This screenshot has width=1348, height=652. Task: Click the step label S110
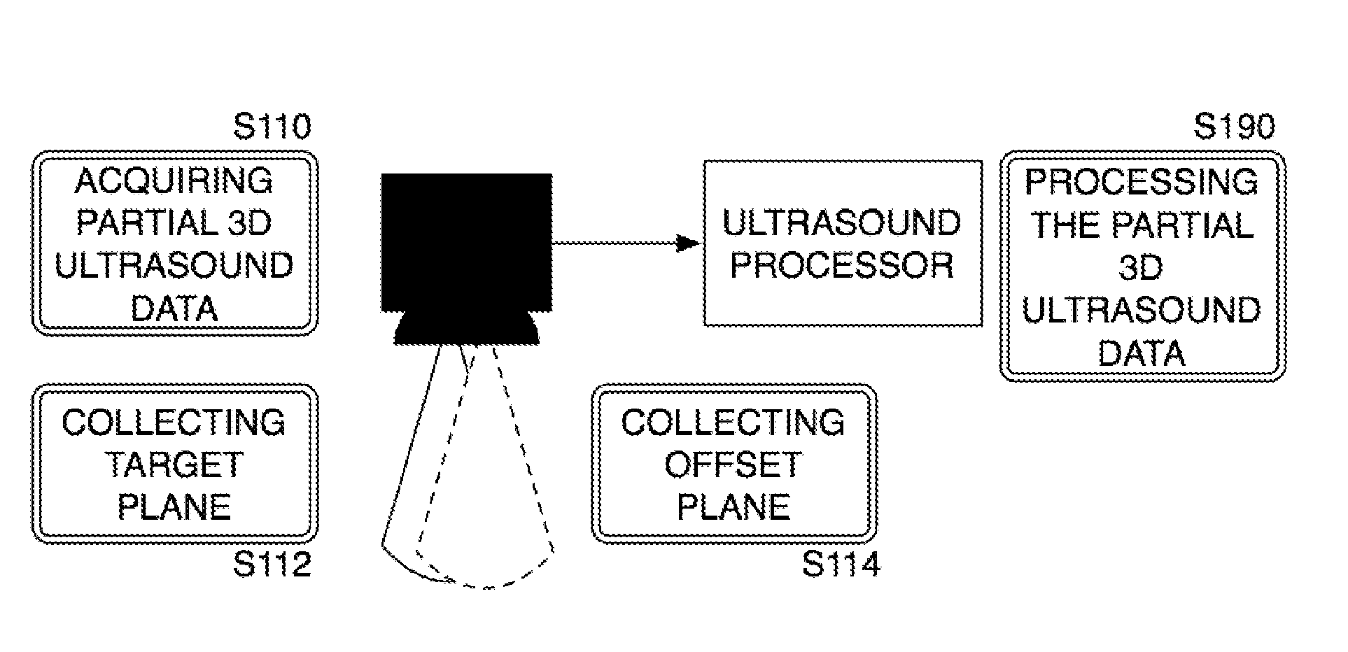click(x=272, y=127)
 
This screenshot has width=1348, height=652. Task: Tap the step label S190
click(x=1234, y=127)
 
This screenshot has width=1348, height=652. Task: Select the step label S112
click(x=272, y=565)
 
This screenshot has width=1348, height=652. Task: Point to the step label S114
click(x=841, y=565)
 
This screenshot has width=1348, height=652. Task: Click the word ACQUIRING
click(x=174, y=181)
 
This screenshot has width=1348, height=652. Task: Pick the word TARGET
click(x=174, y=465)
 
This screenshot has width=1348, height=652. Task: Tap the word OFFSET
click(x=733, y=465)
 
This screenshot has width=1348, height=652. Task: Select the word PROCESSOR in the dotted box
click(x=842, y=266)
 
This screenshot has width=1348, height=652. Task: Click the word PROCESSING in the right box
click(x=1142, y=182)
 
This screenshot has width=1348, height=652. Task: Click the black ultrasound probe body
click(x=466, y=241)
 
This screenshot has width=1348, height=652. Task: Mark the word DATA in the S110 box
click(x=174, y=309)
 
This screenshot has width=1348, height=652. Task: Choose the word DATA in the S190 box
click(x=1142, y=353)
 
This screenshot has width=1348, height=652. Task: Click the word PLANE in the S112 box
click(x=174, y=507)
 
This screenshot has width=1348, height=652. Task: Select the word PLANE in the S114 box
click(x=733, y=507)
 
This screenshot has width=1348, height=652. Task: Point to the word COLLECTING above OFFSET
click(x=733, y=423)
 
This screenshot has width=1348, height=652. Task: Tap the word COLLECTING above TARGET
click(x=174, y=423)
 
